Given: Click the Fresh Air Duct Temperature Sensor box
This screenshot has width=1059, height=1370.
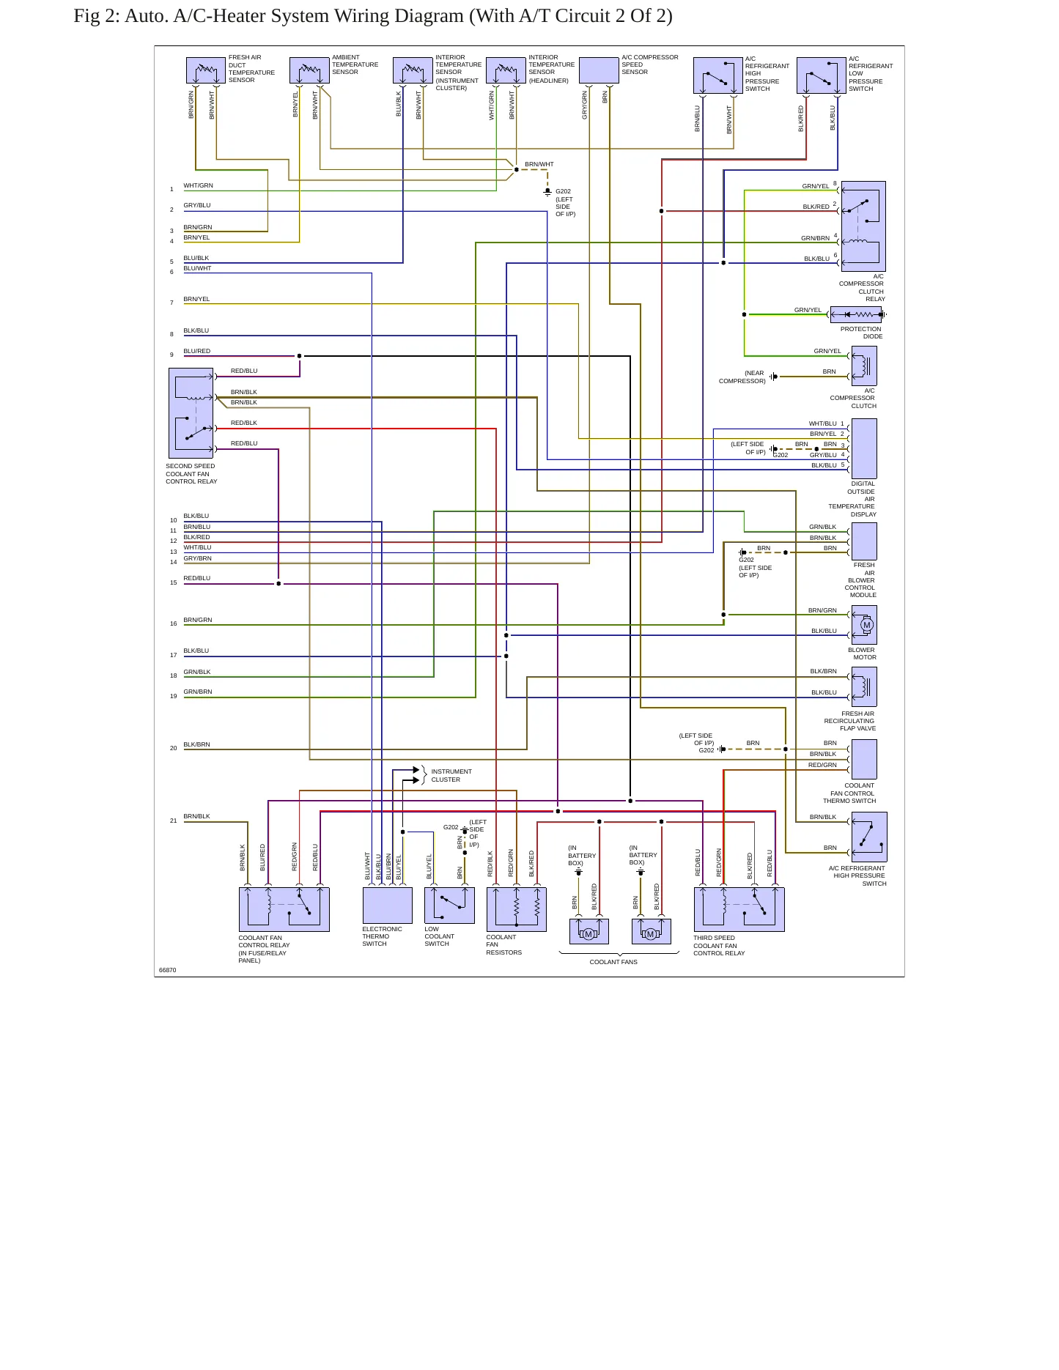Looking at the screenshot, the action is [x=206, y=71].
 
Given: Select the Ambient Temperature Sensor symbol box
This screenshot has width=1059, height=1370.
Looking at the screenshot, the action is [x=309, y=71].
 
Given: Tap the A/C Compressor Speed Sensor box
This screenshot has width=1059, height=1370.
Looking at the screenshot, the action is [x=599, y=71].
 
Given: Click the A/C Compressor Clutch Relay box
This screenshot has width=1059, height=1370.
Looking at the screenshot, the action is [x=863, y=226].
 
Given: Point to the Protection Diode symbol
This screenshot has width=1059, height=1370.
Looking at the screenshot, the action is [x=856, y=314].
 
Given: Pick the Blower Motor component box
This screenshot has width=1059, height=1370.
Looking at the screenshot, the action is [x=864, y=625].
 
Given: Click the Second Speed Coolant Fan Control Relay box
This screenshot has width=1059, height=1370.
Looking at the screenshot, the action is [x=191, y=413].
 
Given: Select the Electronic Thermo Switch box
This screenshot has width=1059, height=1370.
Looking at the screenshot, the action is [x=387, y=906].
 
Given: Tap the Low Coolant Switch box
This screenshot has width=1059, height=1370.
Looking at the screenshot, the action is [x=449, y=906].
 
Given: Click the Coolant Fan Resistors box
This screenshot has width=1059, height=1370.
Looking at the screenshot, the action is [x=516, y=909].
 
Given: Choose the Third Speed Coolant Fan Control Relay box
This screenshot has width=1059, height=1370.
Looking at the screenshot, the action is [x=739, y=909].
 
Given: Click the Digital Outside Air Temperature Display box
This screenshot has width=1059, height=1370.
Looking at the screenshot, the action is [x=864, y=448].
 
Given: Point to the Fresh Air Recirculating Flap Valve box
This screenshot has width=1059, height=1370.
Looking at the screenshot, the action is [x=864, y=686].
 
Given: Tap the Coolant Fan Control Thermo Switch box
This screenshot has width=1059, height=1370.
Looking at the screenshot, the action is [x=864, y=759].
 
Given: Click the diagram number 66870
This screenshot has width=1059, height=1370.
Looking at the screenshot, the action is [x=167, y=970].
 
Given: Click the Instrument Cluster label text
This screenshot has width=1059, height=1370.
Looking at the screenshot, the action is [x=451, y=775].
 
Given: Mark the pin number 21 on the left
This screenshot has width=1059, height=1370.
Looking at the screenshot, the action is [x=174, y=821].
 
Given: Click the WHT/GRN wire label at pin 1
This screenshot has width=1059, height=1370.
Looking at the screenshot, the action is [x=198, y=185].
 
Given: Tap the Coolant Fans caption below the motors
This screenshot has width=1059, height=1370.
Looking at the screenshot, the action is [x=613, y=962].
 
